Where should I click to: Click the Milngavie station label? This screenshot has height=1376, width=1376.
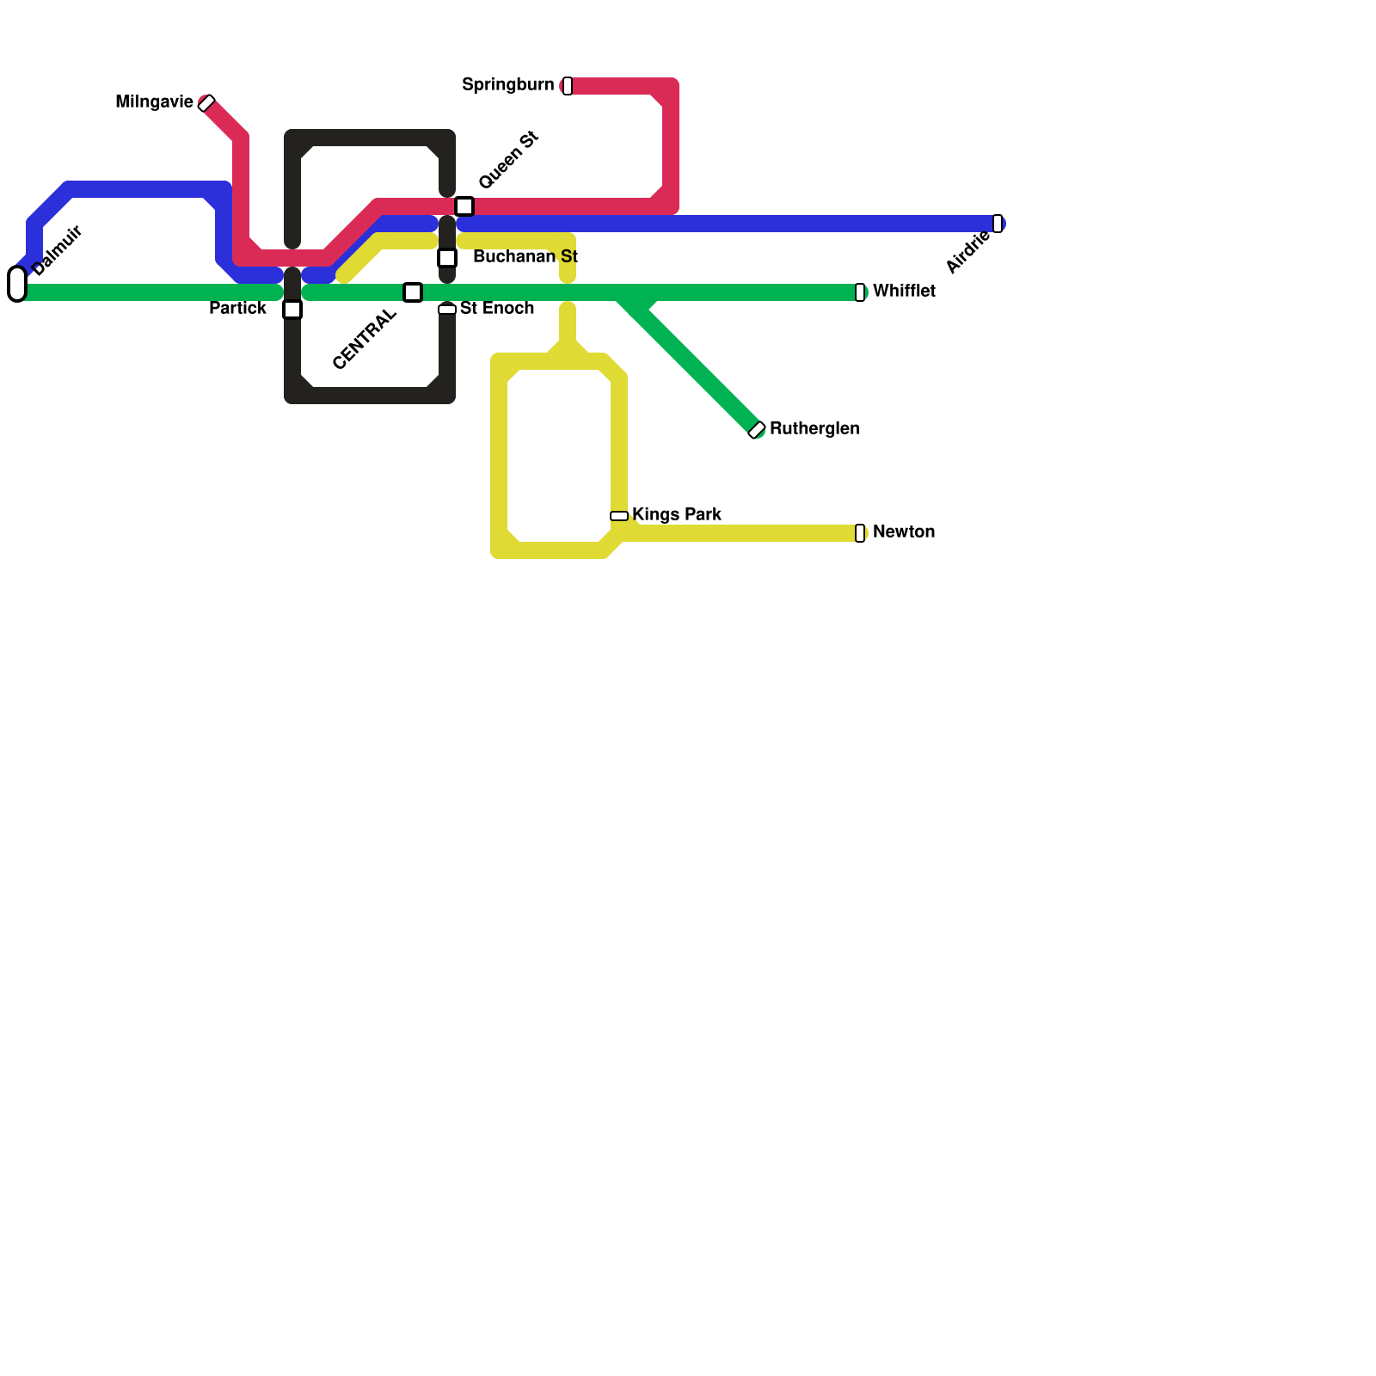coord(155,102)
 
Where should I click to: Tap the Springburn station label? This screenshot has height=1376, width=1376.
coord(507,84)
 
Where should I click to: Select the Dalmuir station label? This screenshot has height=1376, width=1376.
coord(57,250)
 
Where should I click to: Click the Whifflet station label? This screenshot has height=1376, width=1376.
coord(904,292)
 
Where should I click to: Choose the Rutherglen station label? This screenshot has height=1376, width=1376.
coord(814,428)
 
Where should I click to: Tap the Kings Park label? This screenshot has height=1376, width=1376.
coord(677,514)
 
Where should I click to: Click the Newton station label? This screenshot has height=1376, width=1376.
coord(904,531)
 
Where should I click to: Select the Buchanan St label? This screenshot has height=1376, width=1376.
coord(525,256)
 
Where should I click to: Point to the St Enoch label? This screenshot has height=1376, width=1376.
coord(497,308)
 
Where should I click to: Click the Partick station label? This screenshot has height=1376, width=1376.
coord(237,308)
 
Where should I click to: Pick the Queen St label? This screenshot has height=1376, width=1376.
coord(508,160)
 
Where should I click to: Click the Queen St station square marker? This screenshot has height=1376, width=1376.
coord(464,206)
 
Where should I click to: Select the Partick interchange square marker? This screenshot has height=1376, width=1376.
coord(292,310)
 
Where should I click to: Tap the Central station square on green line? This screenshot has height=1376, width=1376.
coord(413,292)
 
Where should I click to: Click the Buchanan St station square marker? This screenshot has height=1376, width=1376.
coord(447,258)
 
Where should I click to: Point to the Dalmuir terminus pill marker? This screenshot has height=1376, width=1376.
coord(17,284)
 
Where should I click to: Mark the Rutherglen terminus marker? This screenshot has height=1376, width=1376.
coord(757,430)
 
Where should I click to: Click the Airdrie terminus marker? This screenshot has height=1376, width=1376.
coord(998,224)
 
